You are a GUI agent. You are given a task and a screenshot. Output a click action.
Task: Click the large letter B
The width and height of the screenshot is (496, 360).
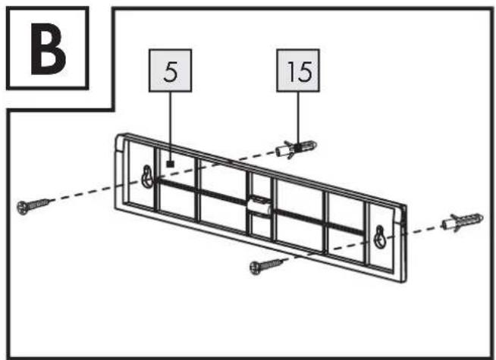tap(48, 49)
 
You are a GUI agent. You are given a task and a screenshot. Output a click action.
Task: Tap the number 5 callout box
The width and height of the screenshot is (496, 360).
tap(170, 70)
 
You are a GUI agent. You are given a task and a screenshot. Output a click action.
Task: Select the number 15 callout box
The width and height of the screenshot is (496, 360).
tap(298, 70)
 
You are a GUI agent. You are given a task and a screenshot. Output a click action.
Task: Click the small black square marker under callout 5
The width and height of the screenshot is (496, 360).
tap(171, 164)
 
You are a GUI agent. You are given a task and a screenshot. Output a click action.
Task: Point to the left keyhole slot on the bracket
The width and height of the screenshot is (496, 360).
tap(147, 177)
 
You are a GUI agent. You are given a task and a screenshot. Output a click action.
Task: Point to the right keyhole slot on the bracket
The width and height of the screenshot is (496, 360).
tap(380, 237)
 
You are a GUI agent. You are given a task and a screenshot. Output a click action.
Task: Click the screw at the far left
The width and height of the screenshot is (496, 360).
tap(33, 205)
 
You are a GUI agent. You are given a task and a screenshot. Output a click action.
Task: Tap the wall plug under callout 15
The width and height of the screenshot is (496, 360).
tap(296, 149)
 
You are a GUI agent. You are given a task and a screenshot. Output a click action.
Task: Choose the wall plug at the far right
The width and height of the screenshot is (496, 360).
tap(463, 222)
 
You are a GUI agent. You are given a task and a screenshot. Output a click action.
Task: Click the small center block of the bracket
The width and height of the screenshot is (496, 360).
tap(259, 205)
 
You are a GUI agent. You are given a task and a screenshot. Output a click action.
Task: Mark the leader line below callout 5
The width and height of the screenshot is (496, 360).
tap(170, 127)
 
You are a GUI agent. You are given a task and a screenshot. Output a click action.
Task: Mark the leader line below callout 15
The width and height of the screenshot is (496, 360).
tap(298, 117)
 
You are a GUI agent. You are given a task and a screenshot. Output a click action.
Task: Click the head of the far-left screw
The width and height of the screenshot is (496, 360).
tap(23, 208)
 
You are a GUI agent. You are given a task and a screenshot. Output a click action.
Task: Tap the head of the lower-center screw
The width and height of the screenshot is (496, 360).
tap(256, 268)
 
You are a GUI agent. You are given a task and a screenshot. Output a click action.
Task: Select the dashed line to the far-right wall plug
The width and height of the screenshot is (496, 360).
tap(425, 229)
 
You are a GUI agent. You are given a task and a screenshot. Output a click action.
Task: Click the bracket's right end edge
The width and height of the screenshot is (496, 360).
tap(403, 243)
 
